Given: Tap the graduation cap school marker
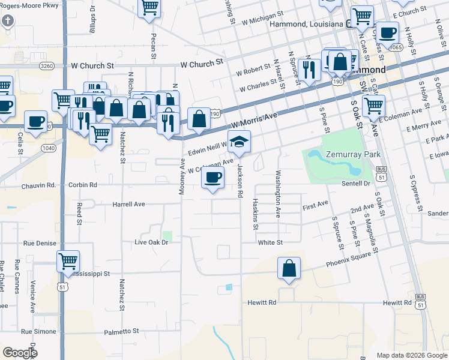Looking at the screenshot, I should (240, 142).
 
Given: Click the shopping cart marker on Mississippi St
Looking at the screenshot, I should (68, 262).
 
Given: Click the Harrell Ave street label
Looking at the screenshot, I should (129, 204).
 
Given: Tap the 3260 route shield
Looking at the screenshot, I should (47, 66).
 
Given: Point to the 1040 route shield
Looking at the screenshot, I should (48, 148).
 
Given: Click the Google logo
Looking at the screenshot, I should (20, 353).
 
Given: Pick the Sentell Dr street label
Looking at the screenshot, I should (357, 183).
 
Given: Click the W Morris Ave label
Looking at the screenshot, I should (255, 121).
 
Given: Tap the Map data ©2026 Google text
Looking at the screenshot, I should (411, 355).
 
